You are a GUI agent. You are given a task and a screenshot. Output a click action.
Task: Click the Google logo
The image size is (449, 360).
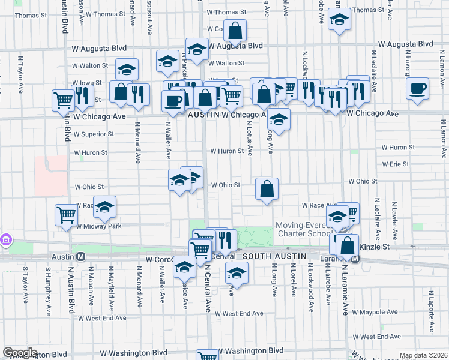20,353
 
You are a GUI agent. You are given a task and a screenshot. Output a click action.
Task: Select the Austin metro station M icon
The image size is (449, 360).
80,256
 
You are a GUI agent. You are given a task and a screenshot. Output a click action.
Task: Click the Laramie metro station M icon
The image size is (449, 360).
355,259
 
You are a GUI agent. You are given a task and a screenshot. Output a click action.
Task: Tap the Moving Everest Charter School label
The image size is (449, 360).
303,230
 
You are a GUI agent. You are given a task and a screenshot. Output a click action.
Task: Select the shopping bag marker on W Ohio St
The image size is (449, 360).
267,189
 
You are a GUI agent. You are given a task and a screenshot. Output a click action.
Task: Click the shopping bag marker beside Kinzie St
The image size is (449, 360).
347,245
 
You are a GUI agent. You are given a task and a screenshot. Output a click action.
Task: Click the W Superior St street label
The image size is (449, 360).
94,134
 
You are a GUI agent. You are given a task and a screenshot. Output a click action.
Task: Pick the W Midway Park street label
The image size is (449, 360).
98,226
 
